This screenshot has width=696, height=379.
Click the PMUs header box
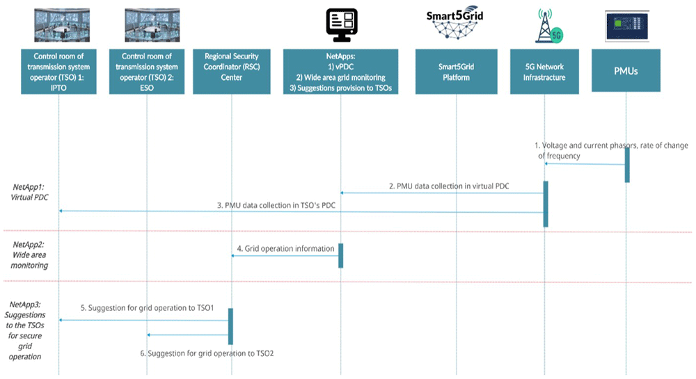pos(626,70)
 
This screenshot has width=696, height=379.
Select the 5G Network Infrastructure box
pos(544,72)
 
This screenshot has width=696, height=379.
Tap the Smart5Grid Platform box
pos(456,72)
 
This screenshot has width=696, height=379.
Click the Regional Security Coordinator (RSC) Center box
pos(231,72)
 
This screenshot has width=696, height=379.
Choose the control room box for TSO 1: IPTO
pos(58,72)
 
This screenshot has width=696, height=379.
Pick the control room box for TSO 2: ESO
pos(146,72)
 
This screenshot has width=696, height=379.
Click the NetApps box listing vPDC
pos(340,72)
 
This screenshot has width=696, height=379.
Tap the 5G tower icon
pos(550,26)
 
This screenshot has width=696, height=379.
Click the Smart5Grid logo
pos(455,23)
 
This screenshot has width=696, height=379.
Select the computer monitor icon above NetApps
pos(342,25)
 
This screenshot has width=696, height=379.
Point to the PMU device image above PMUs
pos(627,26)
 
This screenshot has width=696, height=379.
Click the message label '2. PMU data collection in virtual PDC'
pos(449,186)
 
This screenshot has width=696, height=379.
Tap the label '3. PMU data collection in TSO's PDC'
pos(276,205)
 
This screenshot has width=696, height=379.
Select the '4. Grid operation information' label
pos(285,249)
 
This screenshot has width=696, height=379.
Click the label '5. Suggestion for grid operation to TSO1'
pos(147,307)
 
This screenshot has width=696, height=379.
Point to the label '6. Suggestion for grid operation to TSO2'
pos(207,353)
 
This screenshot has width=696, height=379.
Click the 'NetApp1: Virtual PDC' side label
pos(29,193)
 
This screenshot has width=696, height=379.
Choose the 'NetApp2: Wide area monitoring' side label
pos(29,255)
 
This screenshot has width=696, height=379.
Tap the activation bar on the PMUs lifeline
pos(627,164)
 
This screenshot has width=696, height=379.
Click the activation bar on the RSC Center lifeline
pos(230,326)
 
